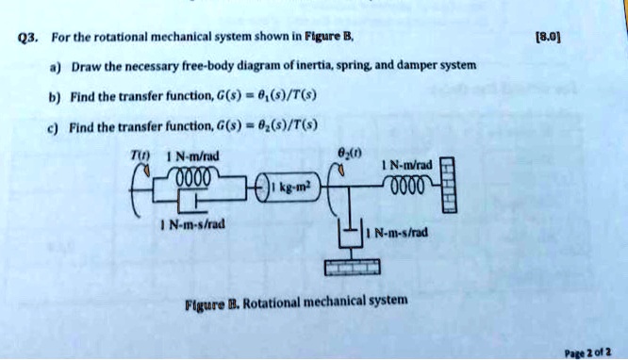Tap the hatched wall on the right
click(449, 184)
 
